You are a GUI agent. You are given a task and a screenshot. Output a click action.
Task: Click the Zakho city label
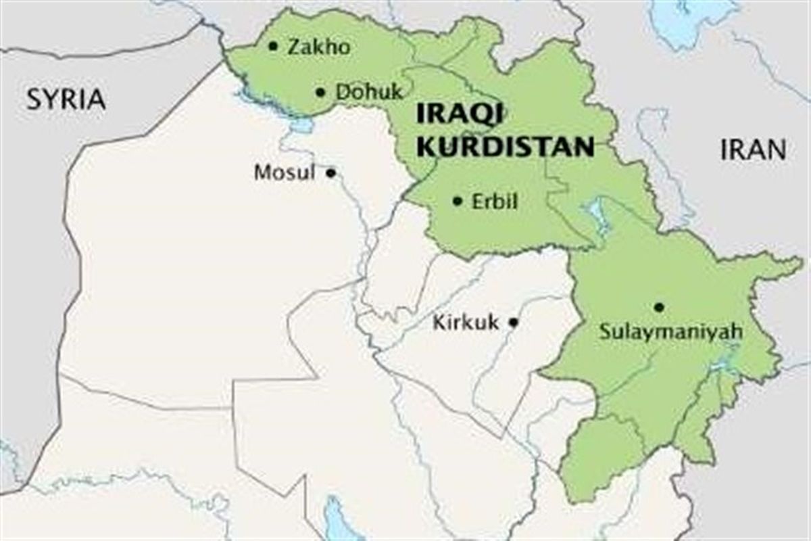click(319, 47)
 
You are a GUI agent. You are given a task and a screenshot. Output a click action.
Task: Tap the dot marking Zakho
click(273, 46)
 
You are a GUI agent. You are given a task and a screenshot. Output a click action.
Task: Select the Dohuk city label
click(369, 92)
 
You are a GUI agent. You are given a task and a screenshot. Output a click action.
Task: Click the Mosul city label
click(285, 173)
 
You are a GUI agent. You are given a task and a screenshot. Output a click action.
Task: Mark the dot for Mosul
click(330, 172)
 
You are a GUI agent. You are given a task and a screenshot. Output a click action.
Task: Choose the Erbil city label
click(495, 201)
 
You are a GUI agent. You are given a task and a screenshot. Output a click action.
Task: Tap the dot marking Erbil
click(458, 201)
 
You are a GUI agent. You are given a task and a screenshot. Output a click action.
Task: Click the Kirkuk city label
click(466, 323)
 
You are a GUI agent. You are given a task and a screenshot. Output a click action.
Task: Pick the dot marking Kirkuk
click(514, 323)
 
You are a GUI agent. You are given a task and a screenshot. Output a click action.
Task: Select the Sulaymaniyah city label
click(671, 332)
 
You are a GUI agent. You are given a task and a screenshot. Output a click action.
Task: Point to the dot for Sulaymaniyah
click(659, 307)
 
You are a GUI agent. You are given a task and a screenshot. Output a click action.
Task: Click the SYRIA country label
click(66, 99)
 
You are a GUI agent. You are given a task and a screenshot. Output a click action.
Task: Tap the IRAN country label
click(753, 149)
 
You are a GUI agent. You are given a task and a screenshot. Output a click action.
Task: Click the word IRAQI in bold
click(458, 114)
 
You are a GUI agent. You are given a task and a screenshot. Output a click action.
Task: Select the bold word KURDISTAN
click(505, 145)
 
